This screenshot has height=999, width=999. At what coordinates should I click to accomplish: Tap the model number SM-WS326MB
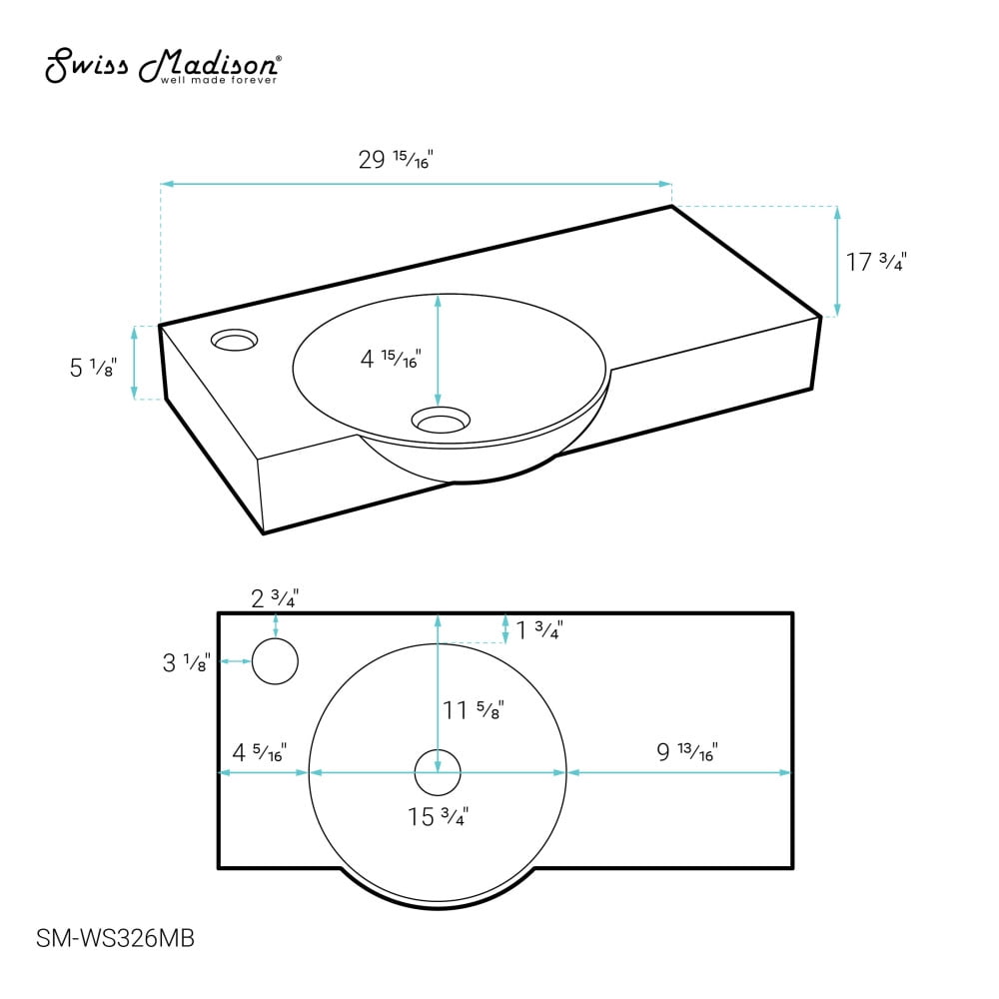click(x=115, y=938)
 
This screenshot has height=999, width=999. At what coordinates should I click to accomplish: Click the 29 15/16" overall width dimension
click(x=396, y=159)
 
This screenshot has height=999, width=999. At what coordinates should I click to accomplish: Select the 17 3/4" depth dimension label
click(x=876, y=261)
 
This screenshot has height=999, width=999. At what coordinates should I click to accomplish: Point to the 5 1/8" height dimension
click(x=93, y=367)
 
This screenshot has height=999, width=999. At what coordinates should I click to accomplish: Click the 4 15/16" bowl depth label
click(x=391, y=359)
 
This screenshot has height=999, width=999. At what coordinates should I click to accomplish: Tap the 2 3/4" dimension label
click(x=275, y=598)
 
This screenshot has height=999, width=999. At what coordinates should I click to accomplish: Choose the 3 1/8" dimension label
click(x=186, y=662)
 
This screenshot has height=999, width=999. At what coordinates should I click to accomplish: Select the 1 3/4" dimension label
click(x=539, y=630)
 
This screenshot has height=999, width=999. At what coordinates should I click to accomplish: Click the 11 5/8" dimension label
click(x=474, y=709)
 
